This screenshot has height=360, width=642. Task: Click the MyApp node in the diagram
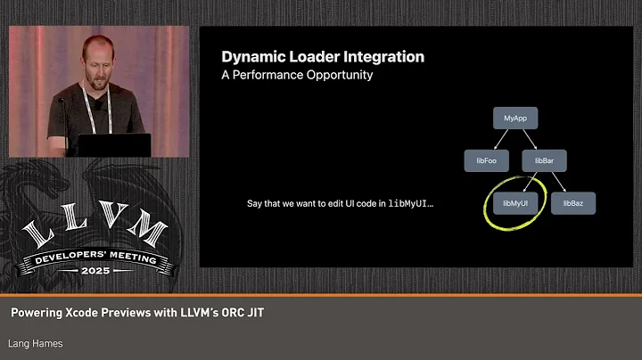pyautogui.click(x=514, y=118)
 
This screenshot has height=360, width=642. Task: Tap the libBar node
pyautogui.click(x=544, y=160)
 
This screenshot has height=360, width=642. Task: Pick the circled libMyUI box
pyautogui.click(x=516, y=203)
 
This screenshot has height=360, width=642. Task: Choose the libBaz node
pyautogui.click(x=572, y=203)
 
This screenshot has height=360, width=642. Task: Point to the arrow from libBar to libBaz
pyautogui.click(x=558, y=182)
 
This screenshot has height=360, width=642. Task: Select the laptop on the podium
pyautogui.click(x=114, y=144)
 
